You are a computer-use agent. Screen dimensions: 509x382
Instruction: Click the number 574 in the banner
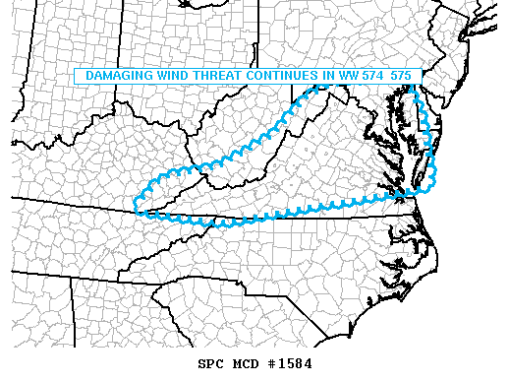coord(376,76)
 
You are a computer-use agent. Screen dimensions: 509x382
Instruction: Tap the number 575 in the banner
coord(402,76)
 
